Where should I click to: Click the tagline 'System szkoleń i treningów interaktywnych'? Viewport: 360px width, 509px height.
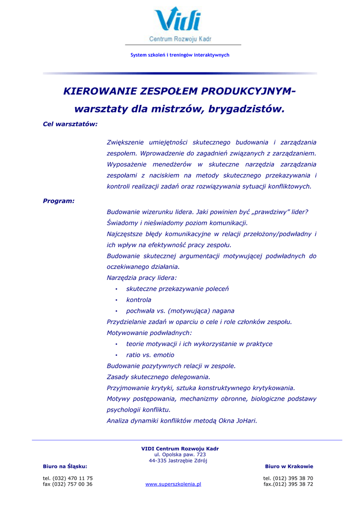point(180,55)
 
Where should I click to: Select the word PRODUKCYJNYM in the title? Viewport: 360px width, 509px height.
point(248,91)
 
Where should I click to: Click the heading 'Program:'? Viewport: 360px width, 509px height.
point(59,201)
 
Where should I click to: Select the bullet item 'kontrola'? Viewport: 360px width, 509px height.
point(139,300)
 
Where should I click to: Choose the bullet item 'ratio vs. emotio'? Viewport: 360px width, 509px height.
point(150,355)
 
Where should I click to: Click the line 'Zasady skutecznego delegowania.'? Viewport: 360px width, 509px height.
point(159,377)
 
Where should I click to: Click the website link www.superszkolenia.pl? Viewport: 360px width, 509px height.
point(173,484)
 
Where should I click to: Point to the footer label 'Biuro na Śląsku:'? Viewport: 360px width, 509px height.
point(65,466)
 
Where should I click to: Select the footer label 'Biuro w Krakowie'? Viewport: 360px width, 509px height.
point(289,466)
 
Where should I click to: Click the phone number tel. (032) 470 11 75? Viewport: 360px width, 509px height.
point(68,478)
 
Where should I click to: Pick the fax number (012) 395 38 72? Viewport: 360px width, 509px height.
point(288,484)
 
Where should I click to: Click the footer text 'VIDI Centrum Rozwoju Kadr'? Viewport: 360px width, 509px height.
point(180,448)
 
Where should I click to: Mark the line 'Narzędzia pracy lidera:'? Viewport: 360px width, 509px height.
point(142,278)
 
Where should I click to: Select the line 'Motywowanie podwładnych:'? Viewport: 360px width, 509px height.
point(149,333)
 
